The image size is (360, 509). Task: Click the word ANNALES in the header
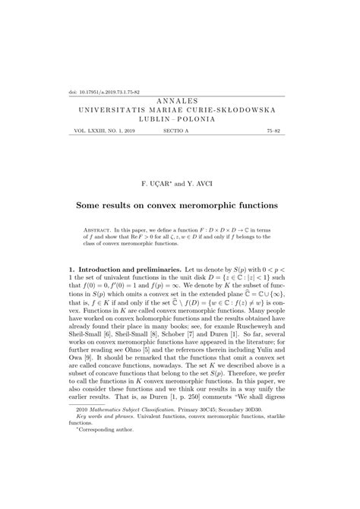[x=179, y=100]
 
